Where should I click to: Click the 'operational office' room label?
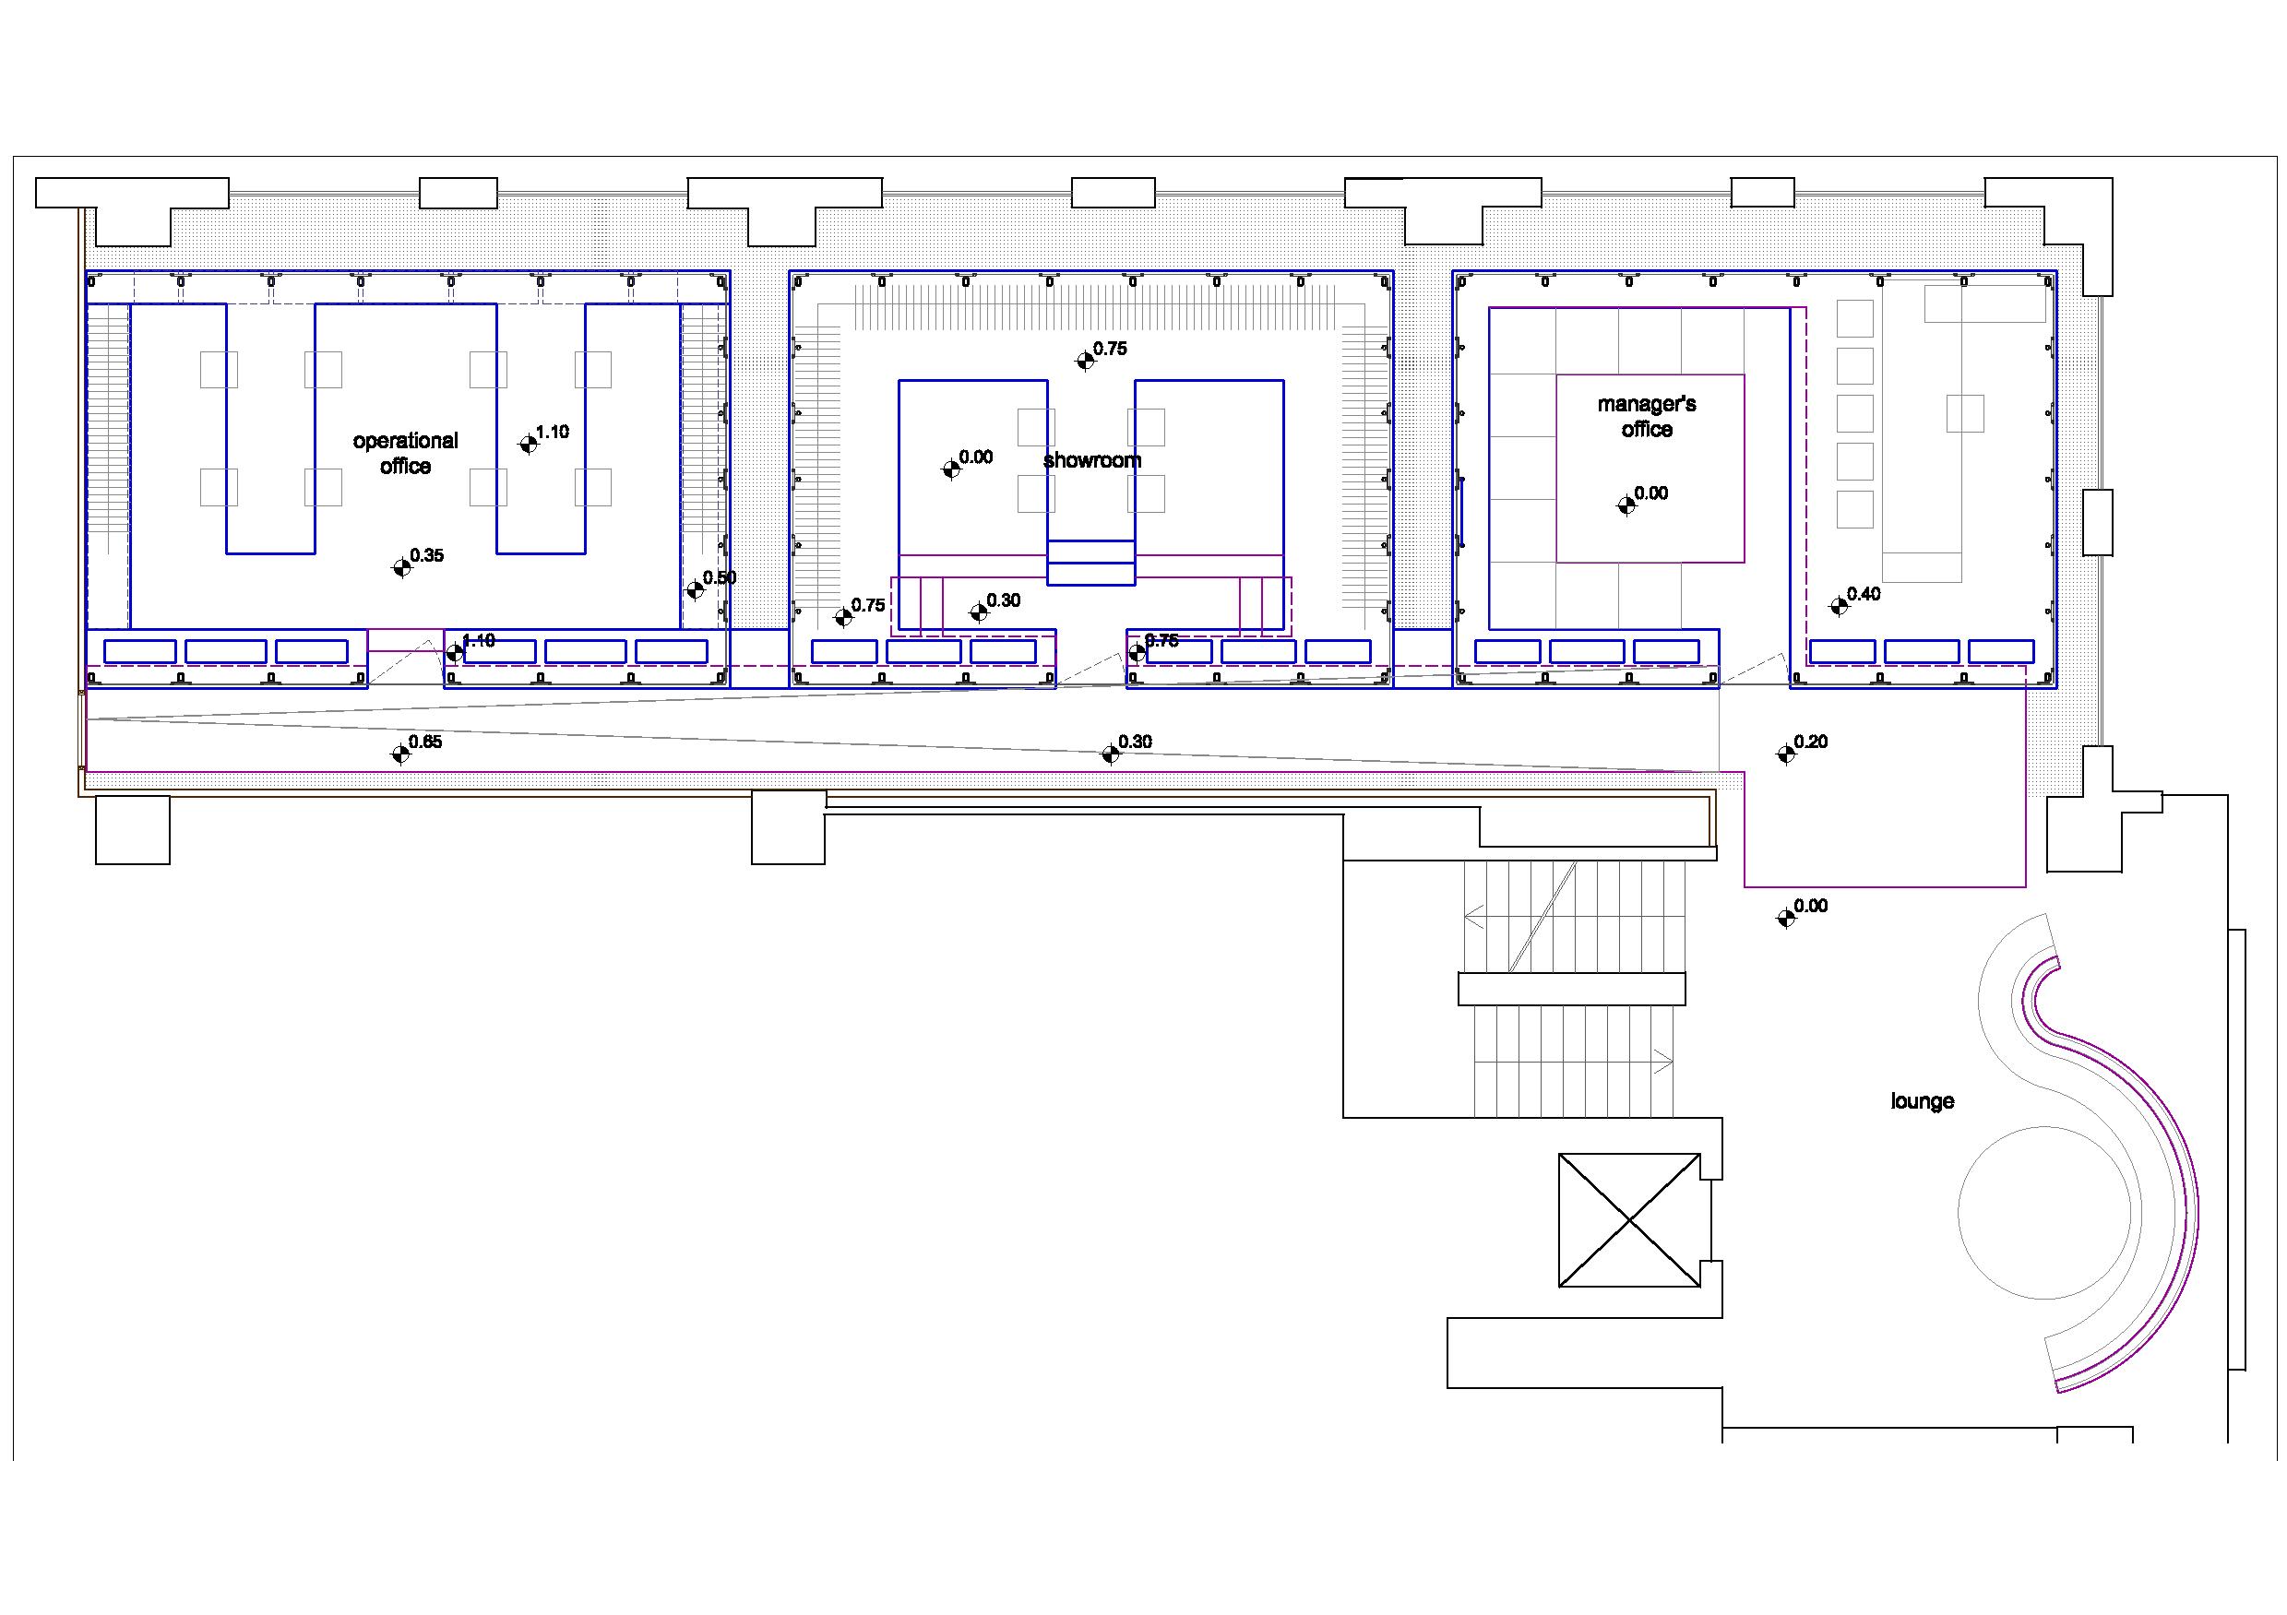tap(405, 453)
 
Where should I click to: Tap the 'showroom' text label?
tap(1091, 460)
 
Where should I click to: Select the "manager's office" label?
tap(1647, 416)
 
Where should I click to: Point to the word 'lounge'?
tap(1922, 1101)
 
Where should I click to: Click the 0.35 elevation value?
tap(426, 555)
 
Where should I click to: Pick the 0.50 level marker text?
tap(720, 578)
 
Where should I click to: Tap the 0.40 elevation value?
tap(1864, 594)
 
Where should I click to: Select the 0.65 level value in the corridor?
tap(425, 742)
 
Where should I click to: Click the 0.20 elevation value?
tap(1811, 742)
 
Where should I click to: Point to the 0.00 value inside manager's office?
tap(1650, 493)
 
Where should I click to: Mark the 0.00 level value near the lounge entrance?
tap(1811, 906)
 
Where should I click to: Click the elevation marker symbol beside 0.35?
tap(401, 567)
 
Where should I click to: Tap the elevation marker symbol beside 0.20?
tap(1786, 754)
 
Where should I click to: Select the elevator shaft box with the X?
tap(1628, 1219)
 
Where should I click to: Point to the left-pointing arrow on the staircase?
tap(1474, 915)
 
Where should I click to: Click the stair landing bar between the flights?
tap(1572, 989)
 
